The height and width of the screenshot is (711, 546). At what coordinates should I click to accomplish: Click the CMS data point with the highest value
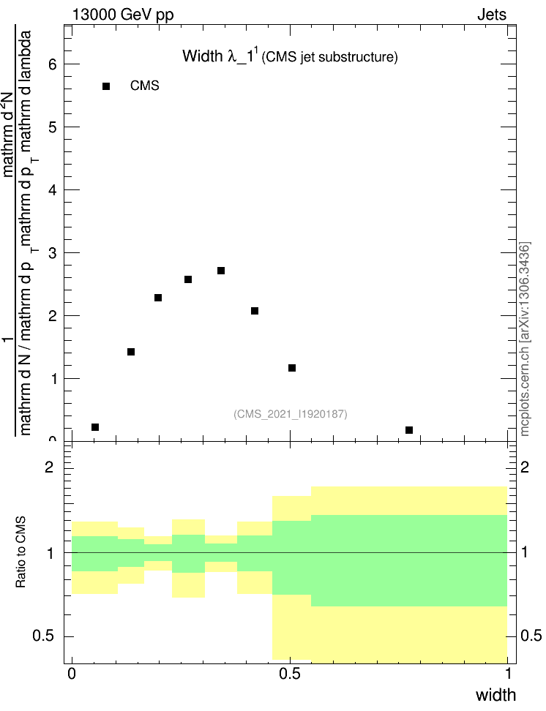click(221, 271)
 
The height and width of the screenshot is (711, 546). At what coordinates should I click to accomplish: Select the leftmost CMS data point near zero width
click(95, 427)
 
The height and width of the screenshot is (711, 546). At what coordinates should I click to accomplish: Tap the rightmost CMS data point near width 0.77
click(409, 430)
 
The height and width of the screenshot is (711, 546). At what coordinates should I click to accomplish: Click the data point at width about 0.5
click(292, 368)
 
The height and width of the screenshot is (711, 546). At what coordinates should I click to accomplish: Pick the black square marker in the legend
click(106, 86)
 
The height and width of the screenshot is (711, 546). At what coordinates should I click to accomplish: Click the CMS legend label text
click(145, 86)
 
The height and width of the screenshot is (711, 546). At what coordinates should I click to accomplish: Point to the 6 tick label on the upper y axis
click(52, 64)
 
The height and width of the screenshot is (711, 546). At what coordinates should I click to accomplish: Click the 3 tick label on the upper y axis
click(52, 253)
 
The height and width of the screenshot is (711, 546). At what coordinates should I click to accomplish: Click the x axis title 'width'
click(495, 694)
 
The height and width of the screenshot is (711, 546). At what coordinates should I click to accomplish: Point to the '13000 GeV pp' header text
click(123, 14)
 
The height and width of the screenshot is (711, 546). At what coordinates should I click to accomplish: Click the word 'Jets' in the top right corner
click(492, 14)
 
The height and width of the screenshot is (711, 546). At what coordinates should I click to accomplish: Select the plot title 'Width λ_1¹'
click(220, 56)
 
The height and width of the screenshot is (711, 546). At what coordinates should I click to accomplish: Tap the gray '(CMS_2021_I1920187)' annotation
click(291, 414)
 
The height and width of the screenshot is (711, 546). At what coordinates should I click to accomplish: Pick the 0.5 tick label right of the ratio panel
click(529, 636)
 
